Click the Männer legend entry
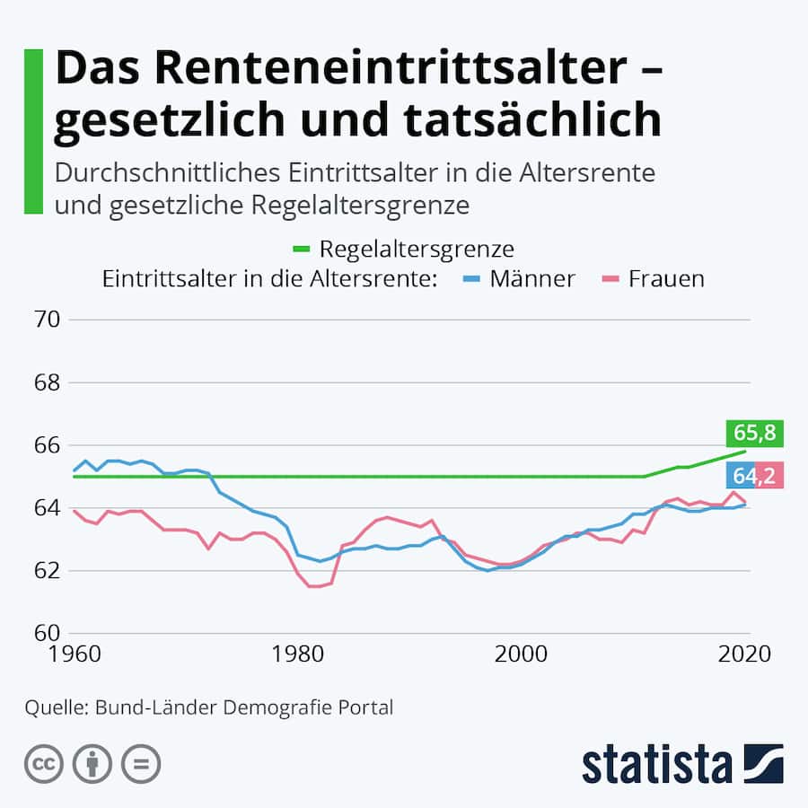point(531,278)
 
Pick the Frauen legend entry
point(665,278)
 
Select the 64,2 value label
point(755,475)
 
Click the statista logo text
point(656,765)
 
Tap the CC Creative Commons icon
point(44,765)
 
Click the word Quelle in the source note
point(52,707)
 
